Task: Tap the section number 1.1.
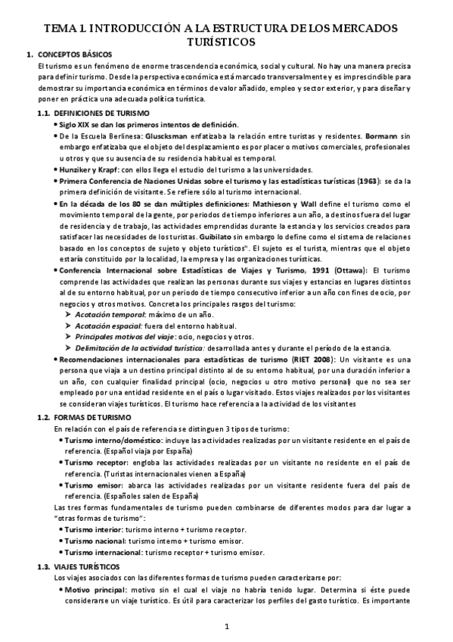[x=45, y=113]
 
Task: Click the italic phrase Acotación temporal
[x=107, y=314]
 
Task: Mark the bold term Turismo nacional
[x=94, y=541]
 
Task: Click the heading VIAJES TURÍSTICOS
[x=86, y=566]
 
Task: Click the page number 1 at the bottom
[x=226, y=626]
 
